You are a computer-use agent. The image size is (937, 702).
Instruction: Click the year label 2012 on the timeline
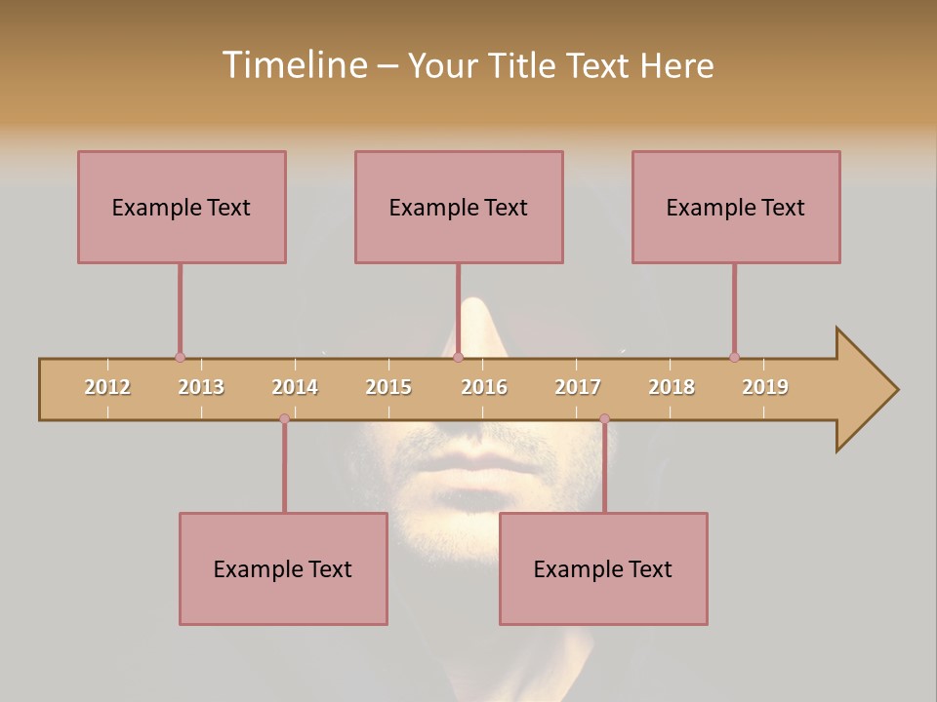[x=107, y=387]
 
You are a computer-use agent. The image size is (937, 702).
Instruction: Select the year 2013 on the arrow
[x=201, y=387]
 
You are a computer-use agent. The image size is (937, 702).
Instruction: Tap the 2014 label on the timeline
[x=295, y=387]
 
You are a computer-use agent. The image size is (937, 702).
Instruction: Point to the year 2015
[x=388, y=387]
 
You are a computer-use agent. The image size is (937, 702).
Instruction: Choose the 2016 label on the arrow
[x=484, y=387]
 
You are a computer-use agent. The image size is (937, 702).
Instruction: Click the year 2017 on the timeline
[x=578, y=387]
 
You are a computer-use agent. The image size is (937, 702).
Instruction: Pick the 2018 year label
[x=672, y=387]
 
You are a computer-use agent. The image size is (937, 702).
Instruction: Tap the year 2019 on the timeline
[x=765, y=387]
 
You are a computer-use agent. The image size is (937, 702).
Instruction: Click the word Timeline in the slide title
[x=292, y=65]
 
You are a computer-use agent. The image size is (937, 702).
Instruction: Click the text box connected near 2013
[x=182, y=207]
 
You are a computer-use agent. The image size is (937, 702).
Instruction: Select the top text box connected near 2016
[x=459, y=207]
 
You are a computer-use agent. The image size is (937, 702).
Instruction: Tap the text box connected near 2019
[x=736, y=207]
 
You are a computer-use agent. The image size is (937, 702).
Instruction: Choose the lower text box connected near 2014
[x=283, y=568]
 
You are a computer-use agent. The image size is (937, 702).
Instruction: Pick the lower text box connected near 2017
[x=603, y=568]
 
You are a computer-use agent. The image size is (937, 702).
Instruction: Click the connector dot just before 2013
[x=180, y=358]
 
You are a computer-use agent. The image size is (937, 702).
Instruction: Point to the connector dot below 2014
[x=284, y=419]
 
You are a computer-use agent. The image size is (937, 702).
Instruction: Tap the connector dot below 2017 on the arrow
[x=604, y=419]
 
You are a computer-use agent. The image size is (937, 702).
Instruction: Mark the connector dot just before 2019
[x=734, y=358]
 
